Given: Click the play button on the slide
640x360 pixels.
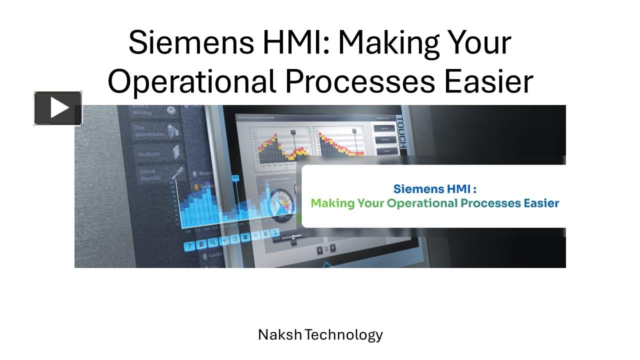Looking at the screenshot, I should pos(58,108).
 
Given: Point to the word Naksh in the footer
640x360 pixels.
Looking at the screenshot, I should pos(279,334).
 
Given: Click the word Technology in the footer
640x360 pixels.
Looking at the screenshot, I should pos(344,334).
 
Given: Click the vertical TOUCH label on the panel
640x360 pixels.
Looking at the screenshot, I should pos(400,135).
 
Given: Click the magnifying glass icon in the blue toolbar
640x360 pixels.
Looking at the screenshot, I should pos(212,242).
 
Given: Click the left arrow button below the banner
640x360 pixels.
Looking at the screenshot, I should pos(320,249).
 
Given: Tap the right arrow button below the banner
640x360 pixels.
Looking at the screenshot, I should pos(333,248).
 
